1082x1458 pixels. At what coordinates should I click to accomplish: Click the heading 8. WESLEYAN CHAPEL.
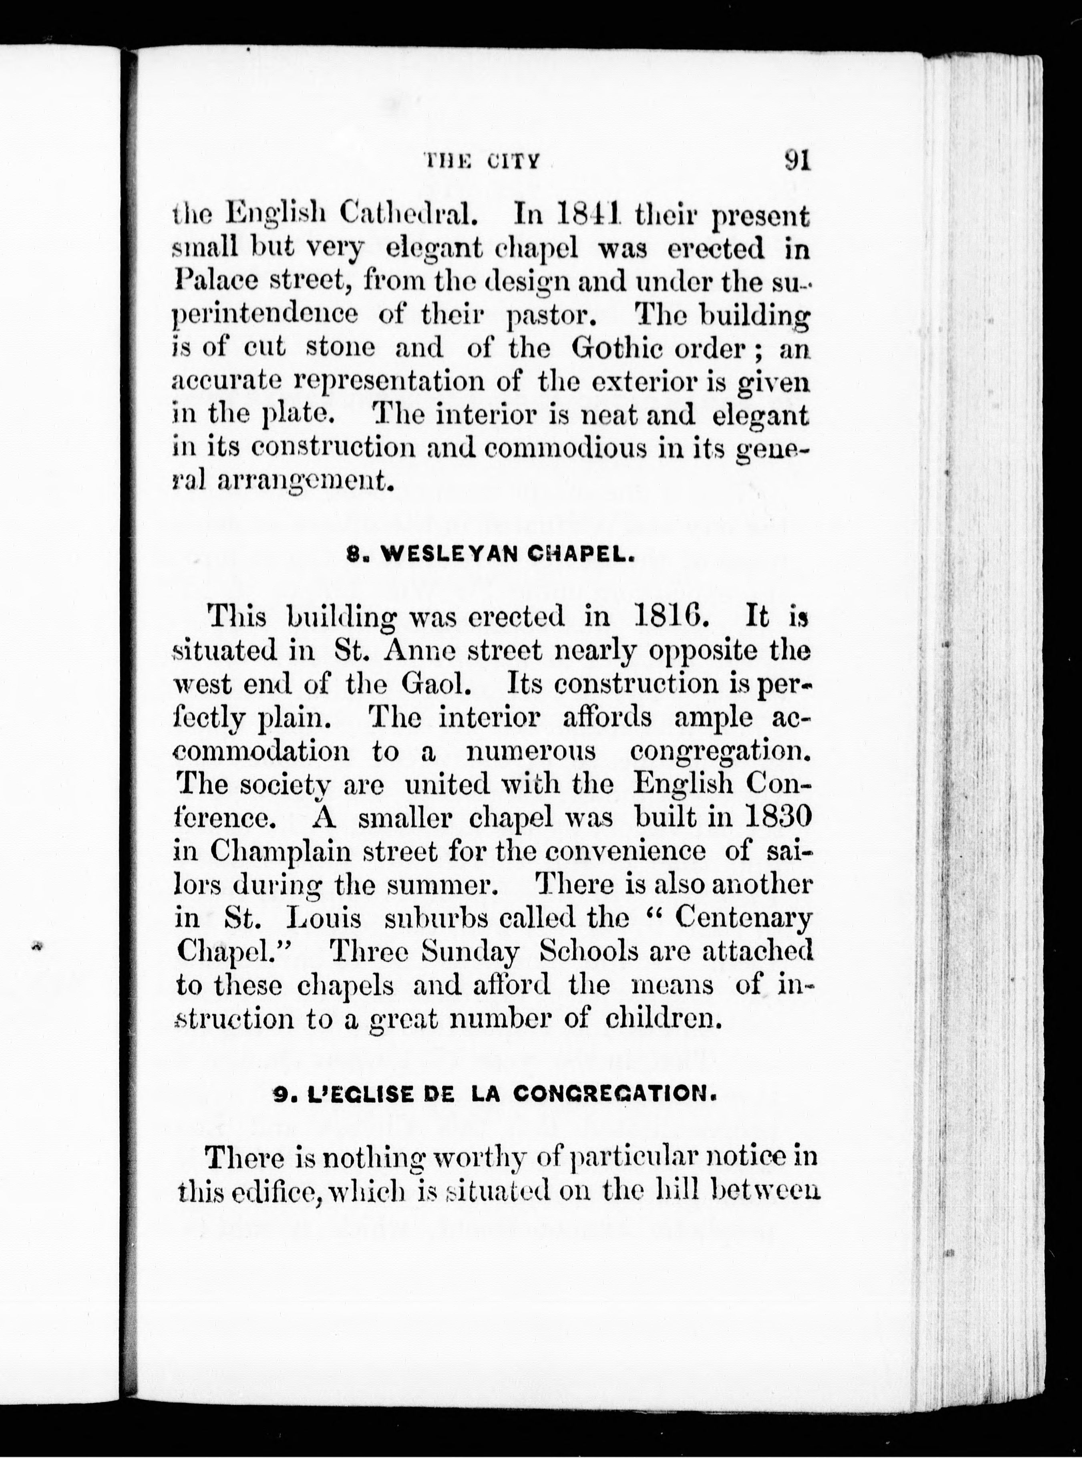pyautogui.click(x=490, y=554)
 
